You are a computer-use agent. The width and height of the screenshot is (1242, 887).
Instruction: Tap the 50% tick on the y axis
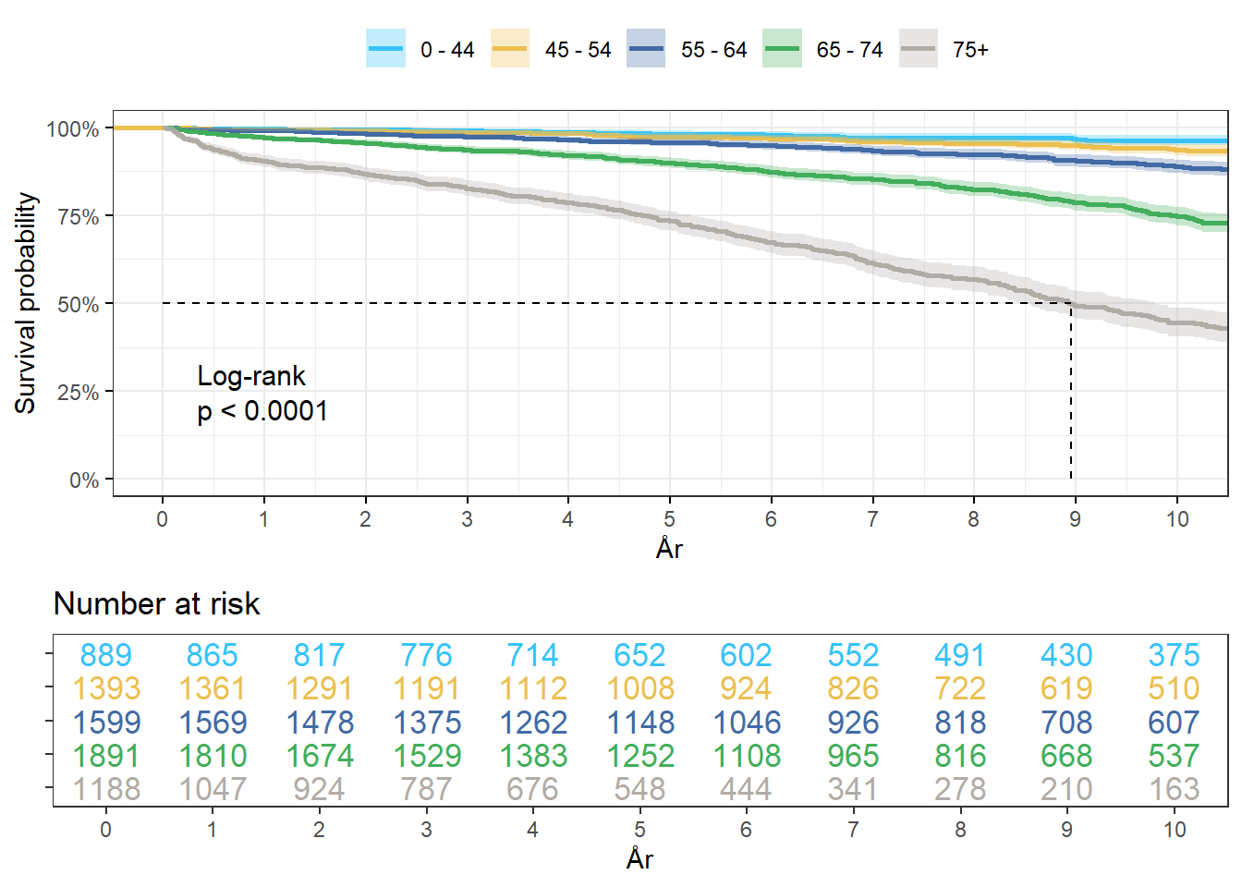point(78,305)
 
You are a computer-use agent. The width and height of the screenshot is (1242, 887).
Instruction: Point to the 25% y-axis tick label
point(78,393)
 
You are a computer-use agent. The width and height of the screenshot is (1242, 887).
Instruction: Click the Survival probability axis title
point(26,303)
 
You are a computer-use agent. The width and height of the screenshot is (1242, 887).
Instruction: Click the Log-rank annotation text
point(251,376)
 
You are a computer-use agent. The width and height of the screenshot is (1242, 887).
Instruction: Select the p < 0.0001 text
point(262,411)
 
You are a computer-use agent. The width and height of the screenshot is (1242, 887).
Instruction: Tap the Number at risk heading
point(156,603)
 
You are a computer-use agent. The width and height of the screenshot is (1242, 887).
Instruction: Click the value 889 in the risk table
point(105,655)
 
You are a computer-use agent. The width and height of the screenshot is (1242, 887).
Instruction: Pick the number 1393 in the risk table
point(105,688)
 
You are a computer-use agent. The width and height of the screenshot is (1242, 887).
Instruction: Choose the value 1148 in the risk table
point(639,723)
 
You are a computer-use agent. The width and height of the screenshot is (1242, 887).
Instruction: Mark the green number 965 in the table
point(853,756)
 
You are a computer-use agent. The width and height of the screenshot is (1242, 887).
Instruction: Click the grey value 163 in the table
point(1174,789)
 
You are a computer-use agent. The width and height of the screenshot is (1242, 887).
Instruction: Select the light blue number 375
point(1174,655)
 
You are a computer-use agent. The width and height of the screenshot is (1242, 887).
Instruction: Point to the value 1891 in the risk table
point(105,756)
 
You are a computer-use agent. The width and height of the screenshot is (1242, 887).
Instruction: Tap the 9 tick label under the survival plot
point(1075,519)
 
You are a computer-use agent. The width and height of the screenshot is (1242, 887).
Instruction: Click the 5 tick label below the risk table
point(639,830)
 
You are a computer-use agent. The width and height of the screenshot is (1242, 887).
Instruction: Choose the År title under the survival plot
point(669,549)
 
